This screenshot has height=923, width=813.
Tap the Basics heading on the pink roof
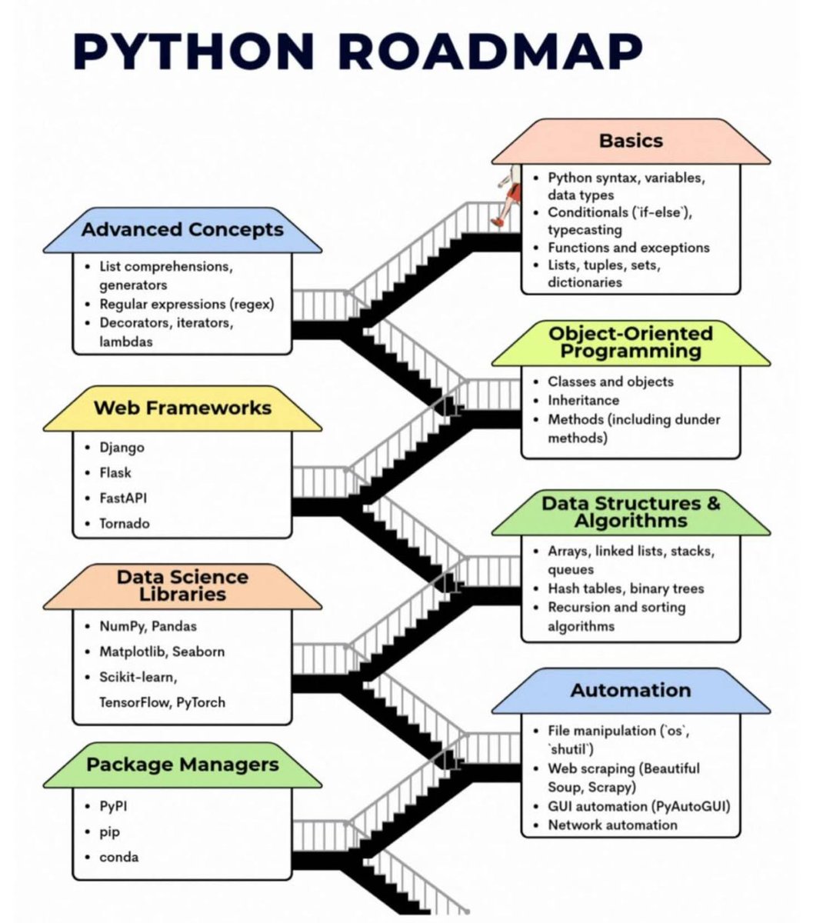point(631,141)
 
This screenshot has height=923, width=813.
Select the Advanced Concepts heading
point(182,230)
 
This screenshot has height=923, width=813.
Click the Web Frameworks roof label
point(182,408)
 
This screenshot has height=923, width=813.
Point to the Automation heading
point(631,690)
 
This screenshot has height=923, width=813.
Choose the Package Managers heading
point(182,765)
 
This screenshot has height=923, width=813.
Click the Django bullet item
point(122,448)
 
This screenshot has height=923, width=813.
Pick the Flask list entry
point(115,473)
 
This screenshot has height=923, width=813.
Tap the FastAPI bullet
point(123,498)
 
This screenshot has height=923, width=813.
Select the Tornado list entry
point(125,524)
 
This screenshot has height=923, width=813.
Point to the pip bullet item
point(110,832)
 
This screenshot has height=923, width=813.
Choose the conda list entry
point(119,857)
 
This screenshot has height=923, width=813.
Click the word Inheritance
point(583,401)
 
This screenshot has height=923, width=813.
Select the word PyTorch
point(201,702)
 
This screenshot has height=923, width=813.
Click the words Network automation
point(612,825)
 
